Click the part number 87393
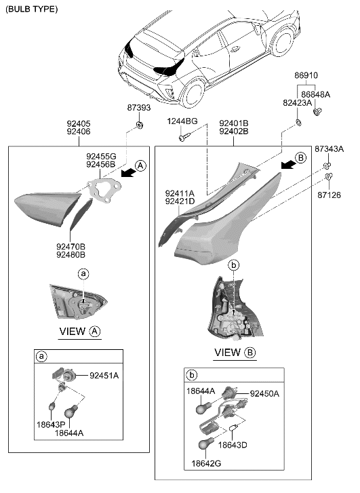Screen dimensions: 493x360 [x=138, y=108]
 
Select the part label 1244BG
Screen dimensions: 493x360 [x=183, y=122]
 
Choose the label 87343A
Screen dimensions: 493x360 [x=329, y=148]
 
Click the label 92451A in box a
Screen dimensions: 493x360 [x=104, y=375]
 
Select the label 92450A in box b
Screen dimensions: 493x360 [x=264, y=393]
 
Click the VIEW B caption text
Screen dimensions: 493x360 [x=234, y=353]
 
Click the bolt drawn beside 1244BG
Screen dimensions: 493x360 [x=183, y=137]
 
